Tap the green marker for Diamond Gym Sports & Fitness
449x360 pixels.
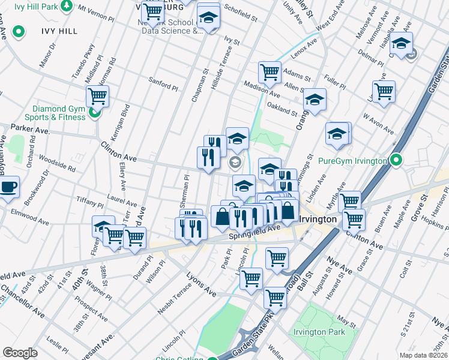tap(94, 112)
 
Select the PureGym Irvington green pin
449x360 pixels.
tap(396, 160)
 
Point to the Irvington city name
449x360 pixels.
tap(318, 220)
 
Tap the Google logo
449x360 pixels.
tap(20, 353)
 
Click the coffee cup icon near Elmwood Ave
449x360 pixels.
tap(8, 187)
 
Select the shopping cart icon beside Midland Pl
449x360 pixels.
tap(97, 95)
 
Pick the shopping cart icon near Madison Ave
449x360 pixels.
tap(270, 72)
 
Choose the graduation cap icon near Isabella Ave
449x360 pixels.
tap(401, 43)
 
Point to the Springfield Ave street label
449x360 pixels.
tap(255, 233)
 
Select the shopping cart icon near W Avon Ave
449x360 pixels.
tap(384, 92)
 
